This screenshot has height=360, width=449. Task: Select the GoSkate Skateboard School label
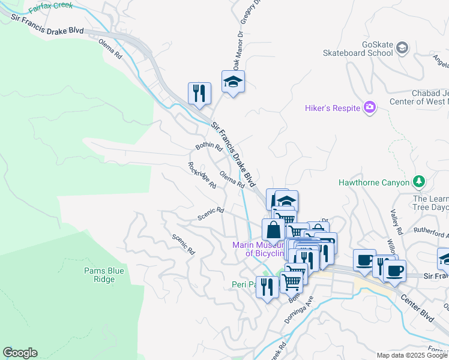358,49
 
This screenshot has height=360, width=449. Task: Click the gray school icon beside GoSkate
402,47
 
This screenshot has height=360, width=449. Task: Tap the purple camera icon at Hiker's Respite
370,107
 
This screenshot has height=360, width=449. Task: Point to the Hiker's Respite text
332,108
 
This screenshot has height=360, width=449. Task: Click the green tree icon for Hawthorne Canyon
419,182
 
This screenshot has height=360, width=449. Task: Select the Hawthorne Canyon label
373,182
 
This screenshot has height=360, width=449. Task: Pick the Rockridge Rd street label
202,175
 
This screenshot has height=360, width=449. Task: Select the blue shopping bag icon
273,230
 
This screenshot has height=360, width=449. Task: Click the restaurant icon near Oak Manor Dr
199,94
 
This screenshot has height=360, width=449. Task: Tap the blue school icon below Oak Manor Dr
233,82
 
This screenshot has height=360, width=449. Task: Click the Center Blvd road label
417,298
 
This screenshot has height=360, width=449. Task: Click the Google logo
20,353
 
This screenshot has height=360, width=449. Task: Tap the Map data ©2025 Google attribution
411,355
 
